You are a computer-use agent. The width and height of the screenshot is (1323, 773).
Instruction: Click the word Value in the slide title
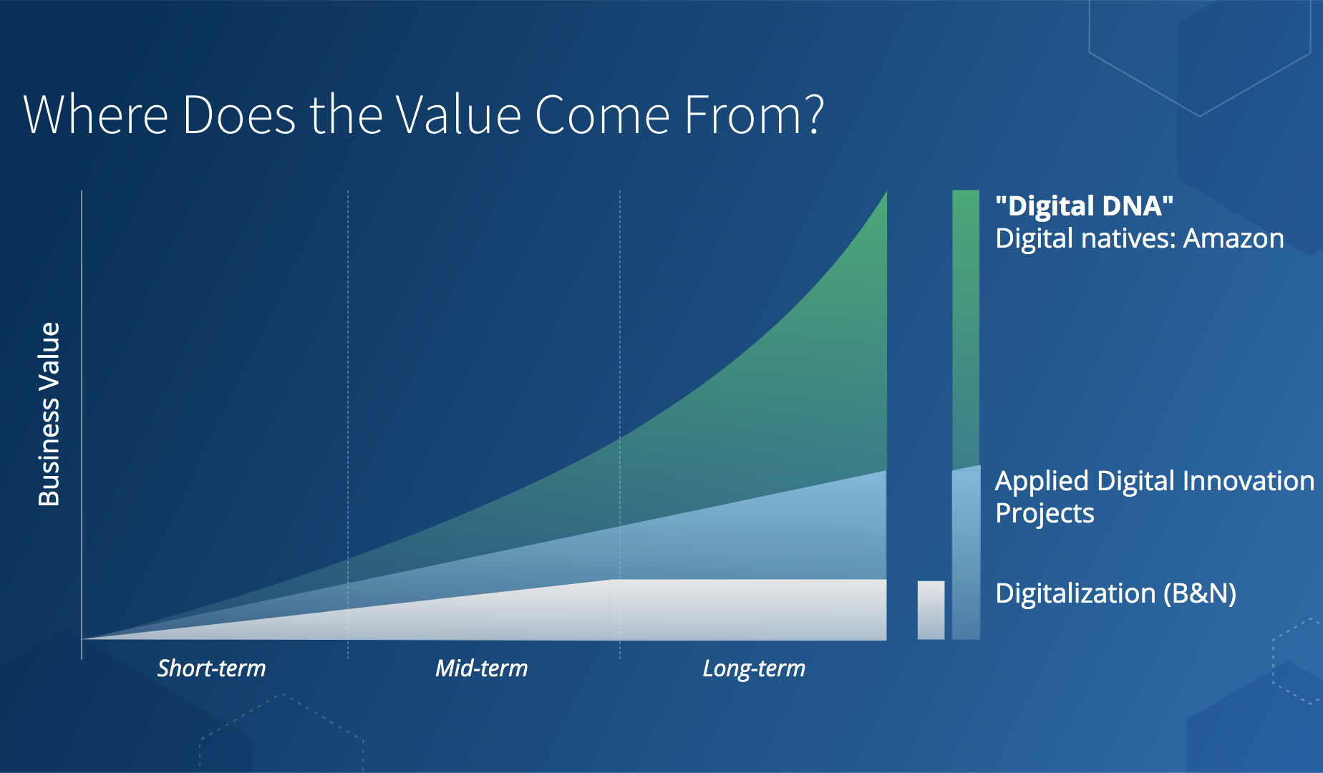point(458,115)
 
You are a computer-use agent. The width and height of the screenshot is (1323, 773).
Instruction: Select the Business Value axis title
point(49,414)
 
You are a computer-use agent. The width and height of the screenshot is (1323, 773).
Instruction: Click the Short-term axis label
point(211,669)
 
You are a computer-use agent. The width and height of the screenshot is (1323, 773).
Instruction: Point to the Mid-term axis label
point(482,669)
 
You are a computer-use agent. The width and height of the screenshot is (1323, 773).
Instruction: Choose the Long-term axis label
point(754,669)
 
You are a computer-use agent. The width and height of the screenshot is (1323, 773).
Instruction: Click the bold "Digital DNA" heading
point(1084,206)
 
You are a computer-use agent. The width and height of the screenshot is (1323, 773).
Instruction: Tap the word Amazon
point(1234,238)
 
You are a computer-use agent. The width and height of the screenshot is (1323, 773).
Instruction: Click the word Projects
point(1045,514)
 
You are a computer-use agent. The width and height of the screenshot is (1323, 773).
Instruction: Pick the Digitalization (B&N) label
point(1115,593)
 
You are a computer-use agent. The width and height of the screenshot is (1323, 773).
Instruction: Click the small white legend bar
point(931,610)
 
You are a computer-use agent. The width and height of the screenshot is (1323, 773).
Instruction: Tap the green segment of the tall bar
point(966,329)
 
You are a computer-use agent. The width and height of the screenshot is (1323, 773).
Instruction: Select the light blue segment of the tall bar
point(966,553)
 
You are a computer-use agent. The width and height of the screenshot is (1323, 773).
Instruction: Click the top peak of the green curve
point(886,192)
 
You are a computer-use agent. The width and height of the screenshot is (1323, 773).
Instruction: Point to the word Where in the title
point(96,115)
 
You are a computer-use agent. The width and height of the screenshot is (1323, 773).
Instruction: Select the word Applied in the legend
point(1042,482)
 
